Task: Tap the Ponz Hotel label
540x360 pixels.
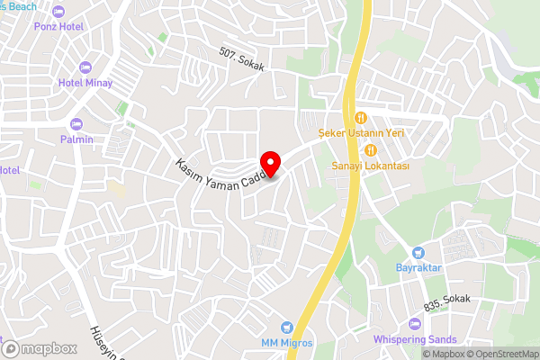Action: (x=59, y=27)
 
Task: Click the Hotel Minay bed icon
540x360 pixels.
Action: (x=85, y=67)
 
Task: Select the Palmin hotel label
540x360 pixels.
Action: (x=76, y=139)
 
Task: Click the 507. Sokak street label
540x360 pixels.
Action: (x=241, y=57)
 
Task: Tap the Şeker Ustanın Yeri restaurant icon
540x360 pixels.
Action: (x=360, y=117)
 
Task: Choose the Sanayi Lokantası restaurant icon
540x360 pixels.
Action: (x=370, y=151)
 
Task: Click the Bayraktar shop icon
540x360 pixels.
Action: (x=418, y=253)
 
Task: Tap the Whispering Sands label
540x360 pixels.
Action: (x=415, y=339)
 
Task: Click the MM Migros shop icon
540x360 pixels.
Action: (x=287, y=327)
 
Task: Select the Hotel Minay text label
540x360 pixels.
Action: (x=85, y=83)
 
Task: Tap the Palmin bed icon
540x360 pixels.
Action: (x=76, y=124)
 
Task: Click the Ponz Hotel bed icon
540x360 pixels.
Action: (x=59, y=12)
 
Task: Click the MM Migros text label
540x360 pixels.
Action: (x=287, y=342)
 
